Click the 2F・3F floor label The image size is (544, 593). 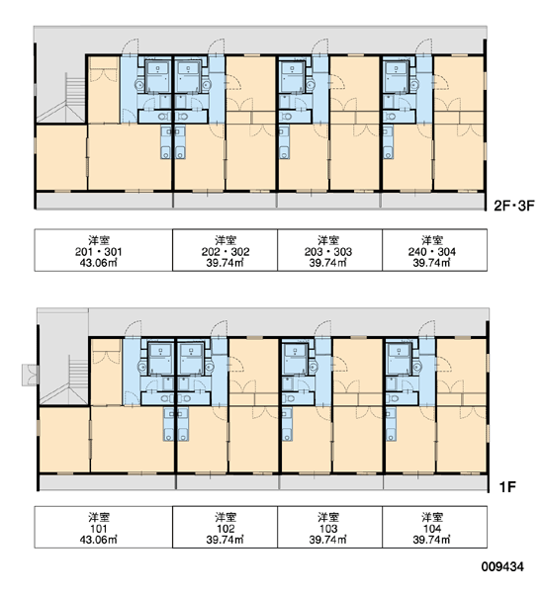click(x=513, y=206)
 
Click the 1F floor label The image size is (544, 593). click(x=507, y=487)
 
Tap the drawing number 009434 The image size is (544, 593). click(x=502, y=566)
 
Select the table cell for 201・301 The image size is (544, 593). click(x=103, y=250)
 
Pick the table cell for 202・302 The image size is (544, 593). click(x=225, y=250)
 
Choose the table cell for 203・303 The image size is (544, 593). click(x=329, y=250)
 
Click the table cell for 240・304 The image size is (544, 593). click(x=434, y=250)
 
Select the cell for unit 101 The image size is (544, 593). click(x=103, y=527)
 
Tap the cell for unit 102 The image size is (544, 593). click(x=225, y=527)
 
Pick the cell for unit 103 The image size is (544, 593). click(x=329, y=527)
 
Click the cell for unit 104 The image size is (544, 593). click(x=434, y=527)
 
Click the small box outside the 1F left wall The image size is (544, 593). click(x=30, y=375)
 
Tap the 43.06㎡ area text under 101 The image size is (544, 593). click(x=98, y=540)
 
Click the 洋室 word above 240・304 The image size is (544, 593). click(x=432, y=240)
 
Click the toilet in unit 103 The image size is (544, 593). click(x=289, y=398)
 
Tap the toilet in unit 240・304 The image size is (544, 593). click(x=391, y=116)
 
